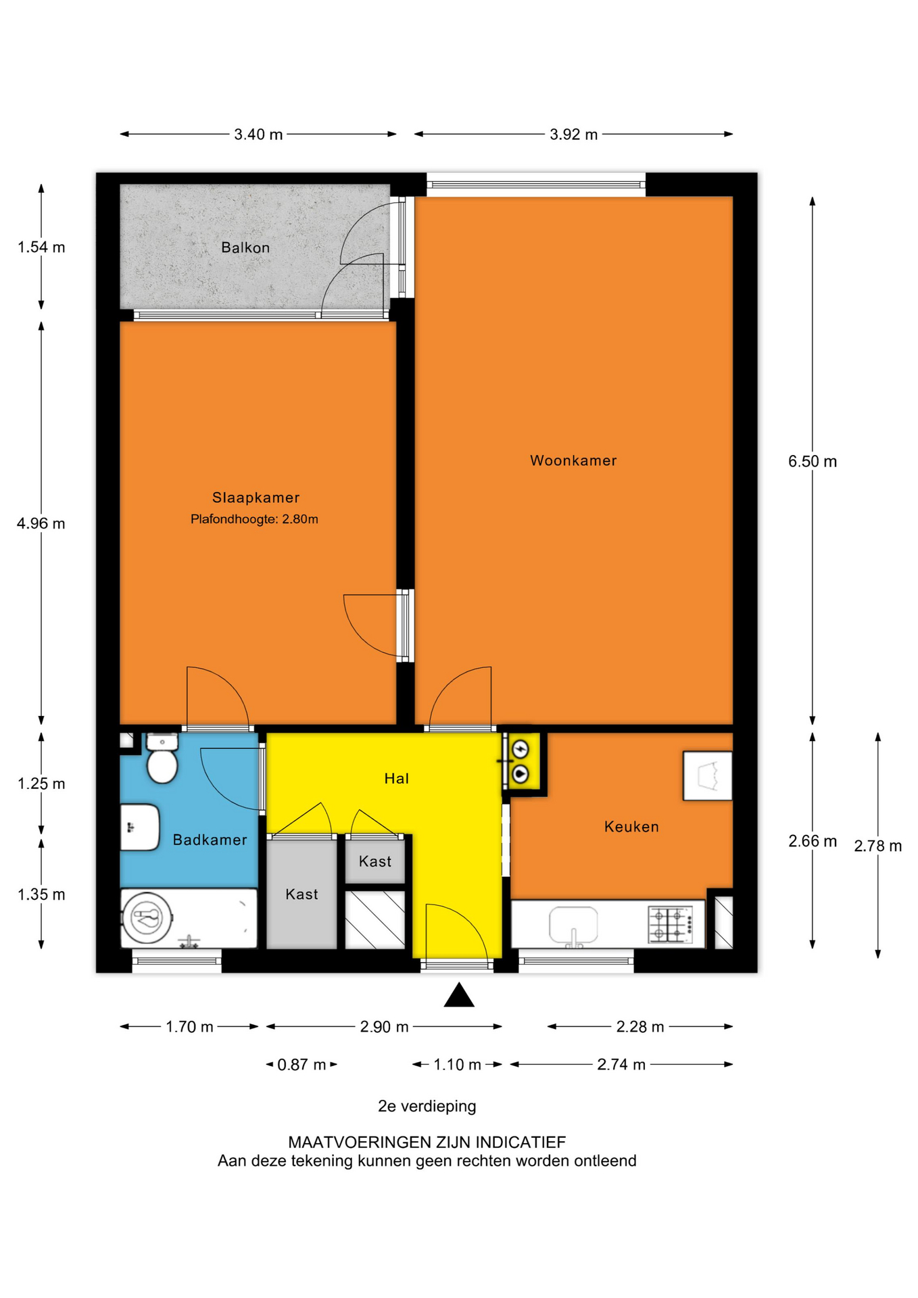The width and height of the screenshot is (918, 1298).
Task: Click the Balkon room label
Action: pos(245,247)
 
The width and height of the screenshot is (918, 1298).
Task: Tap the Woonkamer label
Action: pos(573,460)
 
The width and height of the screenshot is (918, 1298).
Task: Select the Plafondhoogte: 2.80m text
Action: pos(254,519)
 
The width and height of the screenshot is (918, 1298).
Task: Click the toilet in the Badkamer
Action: pos(162,759)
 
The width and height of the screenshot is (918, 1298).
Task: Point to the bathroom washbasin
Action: pos(140,827)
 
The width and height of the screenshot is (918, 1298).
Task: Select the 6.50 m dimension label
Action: pos(813,462)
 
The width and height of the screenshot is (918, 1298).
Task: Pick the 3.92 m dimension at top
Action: pos(574,135)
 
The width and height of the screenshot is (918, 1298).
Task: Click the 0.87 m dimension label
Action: pos(302,1065)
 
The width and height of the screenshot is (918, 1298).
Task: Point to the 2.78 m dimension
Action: pos(878,846)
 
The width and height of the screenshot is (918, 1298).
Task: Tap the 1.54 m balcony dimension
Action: pos(41,247)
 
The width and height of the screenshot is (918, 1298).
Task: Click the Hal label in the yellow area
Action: pos(397,779)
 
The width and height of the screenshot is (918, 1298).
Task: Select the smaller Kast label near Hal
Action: pos(375,861)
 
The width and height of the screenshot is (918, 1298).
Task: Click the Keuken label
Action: pos(631,827)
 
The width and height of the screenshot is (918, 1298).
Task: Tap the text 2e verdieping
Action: pos(427,1107)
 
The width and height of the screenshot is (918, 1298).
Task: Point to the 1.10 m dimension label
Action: pos(458,1065)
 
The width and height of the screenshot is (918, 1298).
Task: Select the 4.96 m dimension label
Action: pos(41,523)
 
